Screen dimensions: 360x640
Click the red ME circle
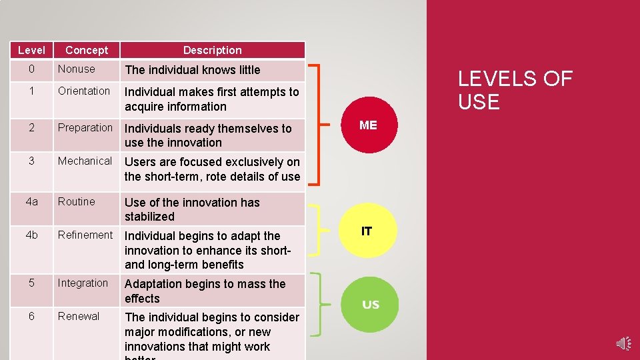368,124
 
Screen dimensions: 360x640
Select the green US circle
370,304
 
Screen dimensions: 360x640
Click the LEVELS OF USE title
515,90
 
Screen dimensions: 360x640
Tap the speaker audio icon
623,343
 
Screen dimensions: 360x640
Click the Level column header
31,50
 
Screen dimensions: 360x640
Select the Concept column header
87,50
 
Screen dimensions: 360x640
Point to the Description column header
212,50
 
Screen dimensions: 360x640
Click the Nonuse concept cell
77,69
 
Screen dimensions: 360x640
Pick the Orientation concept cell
84,91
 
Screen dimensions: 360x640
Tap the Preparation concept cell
85,127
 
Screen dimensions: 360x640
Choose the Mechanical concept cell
85,161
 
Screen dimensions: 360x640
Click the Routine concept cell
77,201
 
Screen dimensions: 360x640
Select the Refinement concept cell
85,235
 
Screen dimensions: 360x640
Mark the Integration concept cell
83,283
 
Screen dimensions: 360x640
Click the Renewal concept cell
79,316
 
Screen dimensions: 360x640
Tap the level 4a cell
31,201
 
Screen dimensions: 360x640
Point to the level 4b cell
31,235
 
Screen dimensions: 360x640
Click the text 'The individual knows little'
193,69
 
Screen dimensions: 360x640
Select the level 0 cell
31,69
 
